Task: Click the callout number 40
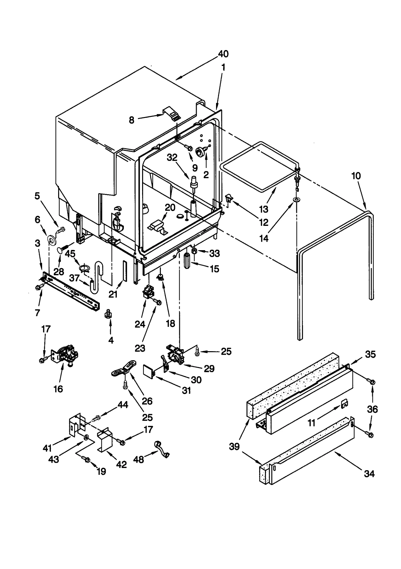coord(223,54)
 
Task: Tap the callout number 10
coord(356,176)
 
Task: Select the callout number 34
coord(369,474)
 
